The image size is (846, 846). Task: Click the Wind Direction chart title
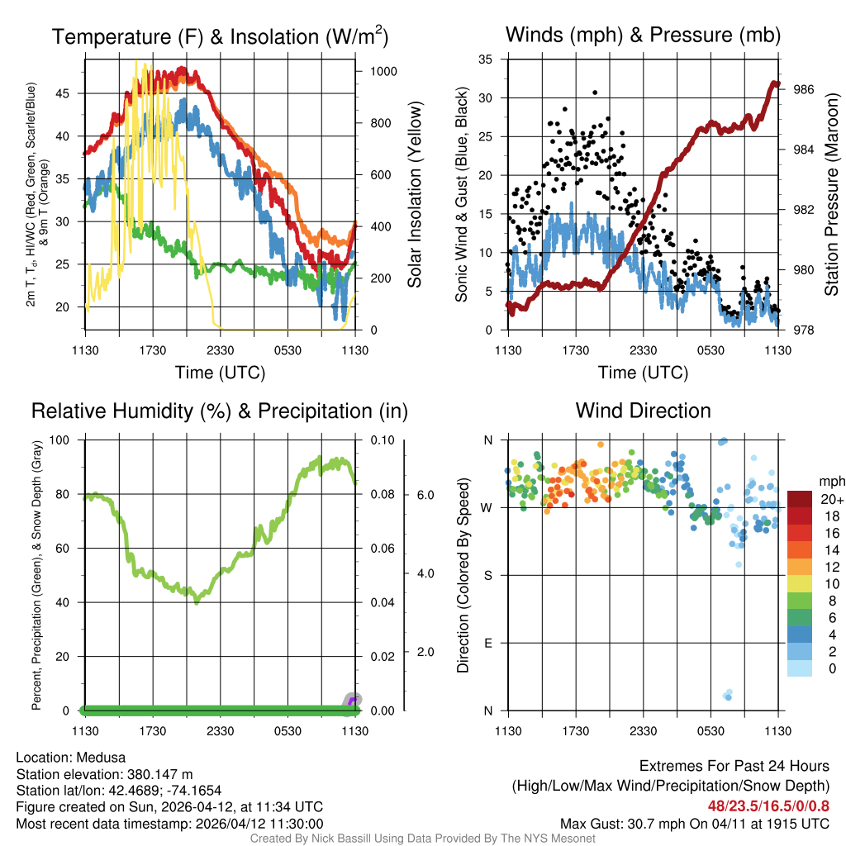(x=643, y=411)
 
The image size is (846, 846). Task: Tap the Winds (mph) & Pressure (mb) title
(x=643, y=35)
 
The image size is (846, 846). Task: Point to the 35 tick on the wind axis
(x=486, y=59)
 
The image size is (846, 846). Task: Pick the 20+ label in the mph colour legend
(x=830, y=499)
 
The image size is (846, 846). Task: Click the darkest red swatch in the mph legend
(x=801, y=499)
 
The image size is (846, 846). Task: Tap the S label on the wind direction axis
(x=487, y=575)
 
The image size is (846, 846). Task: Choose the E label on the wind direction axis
(x=487, y=643)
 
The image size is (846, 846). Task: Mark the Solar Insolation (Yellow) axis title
(x=414, y=194)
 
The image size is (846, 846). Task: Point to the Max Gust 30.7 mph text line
(x=694, y=823)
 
